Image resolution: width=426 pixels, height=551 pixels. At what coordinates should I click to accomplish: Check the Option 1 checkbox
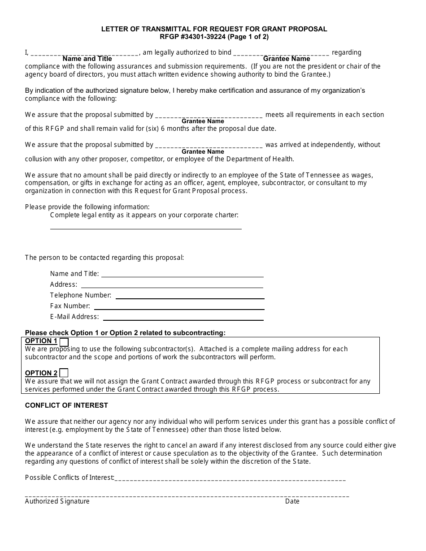tap(64, 342)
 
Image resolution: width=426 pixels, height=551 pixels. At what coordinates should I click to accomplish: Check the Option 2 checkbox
tap(64, 373)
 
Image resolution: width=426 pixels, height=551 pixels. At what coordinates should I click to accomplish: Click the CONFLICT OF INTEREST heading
tap(66, 405)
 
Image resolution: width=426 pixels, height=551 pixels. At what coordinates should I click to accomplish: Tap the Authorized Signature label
tap(57, 501)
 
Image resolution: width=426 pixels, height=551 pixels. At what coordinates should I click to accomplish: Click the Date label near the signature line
tap(292, 501)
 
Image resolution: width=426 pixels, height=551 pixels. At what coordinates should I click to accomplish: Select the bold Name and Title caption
tap(87, 59)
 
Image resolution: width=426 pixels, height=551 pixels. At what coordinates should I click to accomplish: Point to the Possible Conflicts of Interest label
tap(70, 478)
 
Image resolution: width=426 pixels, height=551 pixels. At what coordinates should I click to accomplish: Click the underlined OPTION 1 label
tap(41, 341)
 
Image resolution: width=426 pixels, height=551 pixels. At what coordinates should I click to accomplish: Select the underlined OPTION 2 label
tap(41, 373)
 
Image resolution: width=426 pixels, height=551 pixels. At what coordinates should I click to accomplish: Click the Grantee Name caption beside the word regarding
tap(287, 59)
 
